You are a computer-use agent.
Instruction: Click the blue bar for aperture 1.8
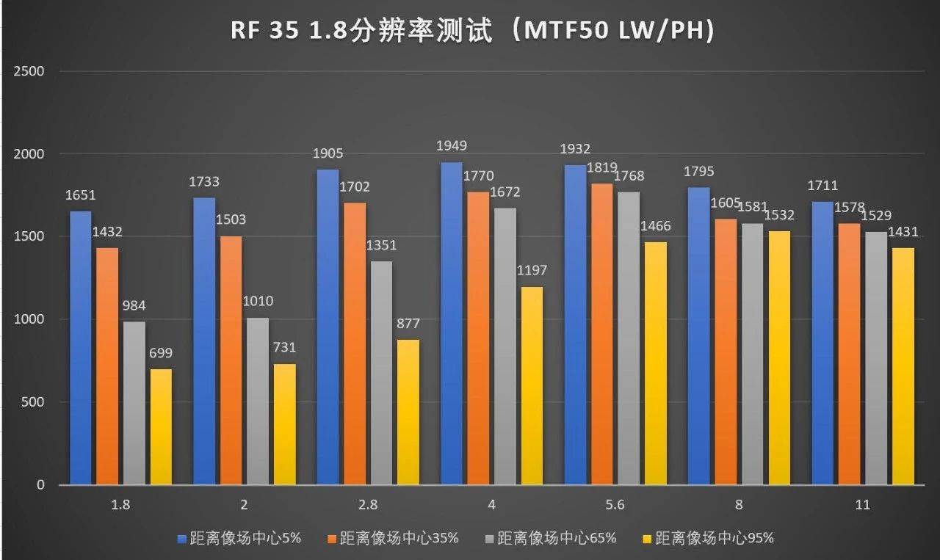[x=80, y=348]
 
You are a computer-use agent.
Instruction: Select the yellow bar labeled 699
[x=160, y=426]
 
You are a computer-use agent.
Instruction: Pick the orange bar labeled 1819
[x=601, y=334]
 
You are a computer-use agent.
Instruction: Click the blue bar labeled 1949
[x=451, y=324]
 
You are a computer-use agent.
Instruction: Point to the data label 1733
[x=203, y=182]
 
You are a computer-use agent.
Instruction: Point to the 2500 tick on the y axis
[x=30, y=71]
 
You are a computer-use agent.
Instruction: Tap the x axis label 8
[x=739, y=505]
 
